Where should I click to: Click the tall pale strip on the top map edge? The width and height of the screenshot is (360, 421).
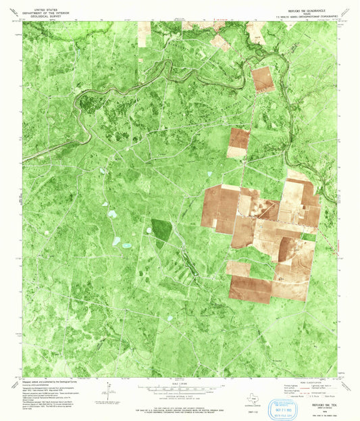pyautogui.click(x=145, y=33)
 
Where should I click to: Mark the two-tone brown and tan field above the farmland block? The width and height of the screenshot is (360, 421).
pyautogui.click(x=238, y=143)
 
